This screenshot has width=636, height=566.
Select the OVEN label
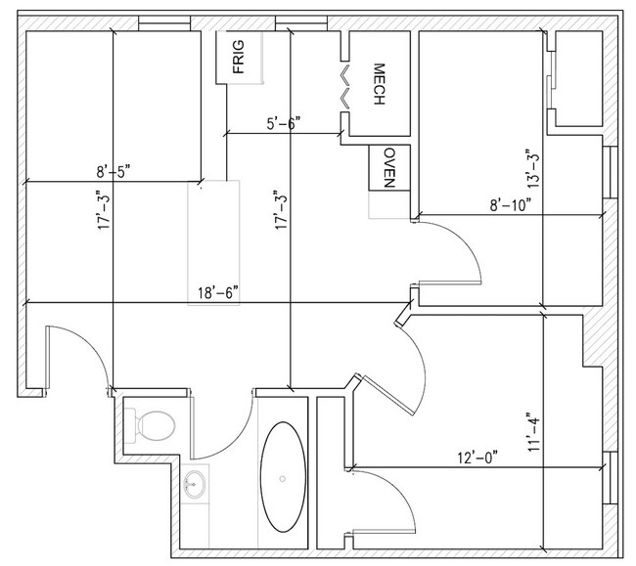(388, 167)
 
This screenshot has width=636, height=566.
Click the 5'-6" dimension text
(284, 123)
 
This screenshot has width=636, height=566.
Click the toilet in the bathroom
(152, 423)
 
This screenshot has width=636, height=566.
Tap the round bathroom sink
(195, 482)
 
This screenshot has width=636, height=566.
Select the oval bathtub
(284, 480)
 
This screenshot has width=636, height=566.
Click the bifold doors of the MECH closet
(343, 87)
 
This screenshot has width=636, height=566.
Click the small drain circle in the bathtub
(284, 479)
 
